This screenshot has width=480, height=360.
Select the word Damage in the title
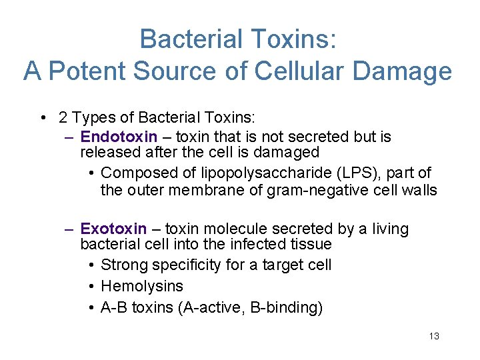(408, 71)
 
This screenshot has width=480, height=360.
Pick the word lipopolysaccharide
(260, 173)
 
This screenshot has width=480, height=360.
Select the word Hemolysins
(141, 286)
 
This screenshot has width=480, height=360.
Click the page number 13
(434, 336)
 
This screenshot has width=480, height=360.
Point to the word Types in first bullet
(91, 118)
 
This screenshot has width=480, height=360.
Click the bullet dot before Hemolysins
(90, 287)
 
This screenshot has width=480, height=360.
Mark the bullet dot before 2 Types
(43, 119)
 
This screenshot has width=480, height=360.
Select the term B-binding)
(280, 307)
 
